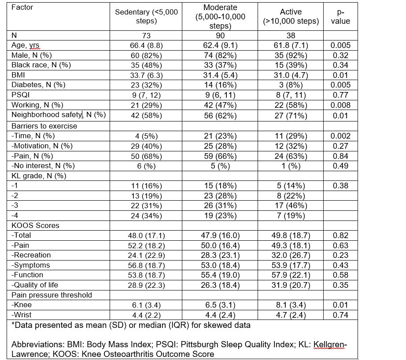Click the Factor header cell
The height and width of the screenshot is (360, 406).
(x=22, y=7)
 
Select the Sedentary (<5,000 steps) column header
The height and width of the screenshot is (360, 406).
(x=146, y=17)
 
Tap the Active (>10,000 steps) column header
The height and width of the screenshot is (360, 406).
(x=291, y=17)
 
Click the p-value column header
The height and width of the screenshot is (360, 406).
(x=340, y=17)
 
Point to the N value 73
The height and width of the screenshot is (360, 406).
(x=146, y=36)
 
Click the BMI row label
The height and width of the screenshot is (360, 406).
(x=18, y=75)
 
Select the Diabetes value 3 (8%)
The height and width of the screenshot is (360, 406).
(x=291, y=85)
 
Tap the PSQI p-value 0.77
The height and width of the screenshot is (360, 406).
(x=340, y=95)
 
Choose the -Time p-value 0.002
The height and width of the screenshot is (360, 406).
(x=340, y=136)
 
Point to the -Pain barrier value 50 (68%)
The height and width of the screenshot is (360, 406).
(x=146, y=156)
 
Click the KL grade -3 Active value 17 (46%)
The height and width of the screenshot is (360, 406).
(x=291, y=206)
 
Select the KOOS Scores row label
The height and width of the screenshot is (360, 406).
(x=35, y=225)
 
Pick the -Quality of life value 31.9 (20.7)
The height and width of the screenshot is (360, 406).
(x=291, y=285)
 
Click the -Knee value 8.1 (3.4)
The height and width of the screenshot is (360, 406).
(x=291, y=305)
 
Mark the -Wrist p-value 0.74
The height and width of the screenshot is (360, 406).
(x=340, y=315)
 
